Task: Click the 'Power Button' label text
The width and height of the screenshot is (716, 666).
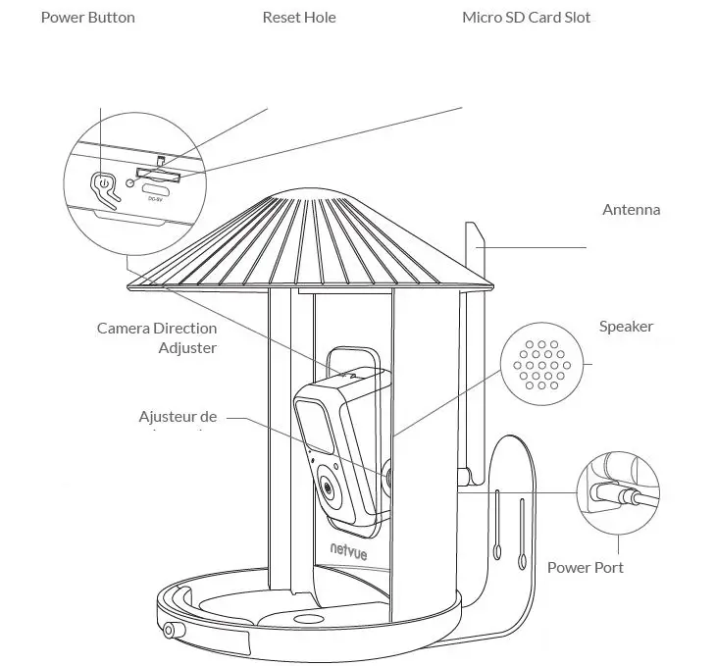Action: coord(87,18)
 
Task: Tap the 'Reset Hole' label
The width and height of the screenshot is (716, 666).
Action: coord(299,18)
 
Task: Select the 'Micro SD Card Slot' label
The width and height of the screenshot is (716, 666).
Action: coord(526,18)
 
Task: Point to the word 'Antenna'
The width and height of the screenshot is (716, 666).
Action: coord(631,209)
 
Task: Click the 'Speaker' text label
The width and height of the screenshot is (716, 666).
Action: coord(626,327)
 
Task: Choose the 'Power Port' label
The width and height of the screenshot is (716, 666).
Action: coord(585,567)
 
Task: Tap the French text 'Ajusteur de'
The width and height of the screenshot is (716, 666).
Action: coord(178,417)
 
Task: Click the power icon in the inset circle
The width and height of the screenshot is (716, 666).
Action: coord(102,182)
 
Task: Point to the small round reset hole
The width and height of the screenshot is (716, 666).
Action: coord(130,183)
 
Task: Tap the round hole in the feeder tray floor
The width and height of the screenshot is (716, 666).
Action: coord(309,621)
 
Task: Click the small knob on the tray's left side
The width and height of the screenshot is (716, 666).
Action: coord(173,630)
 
